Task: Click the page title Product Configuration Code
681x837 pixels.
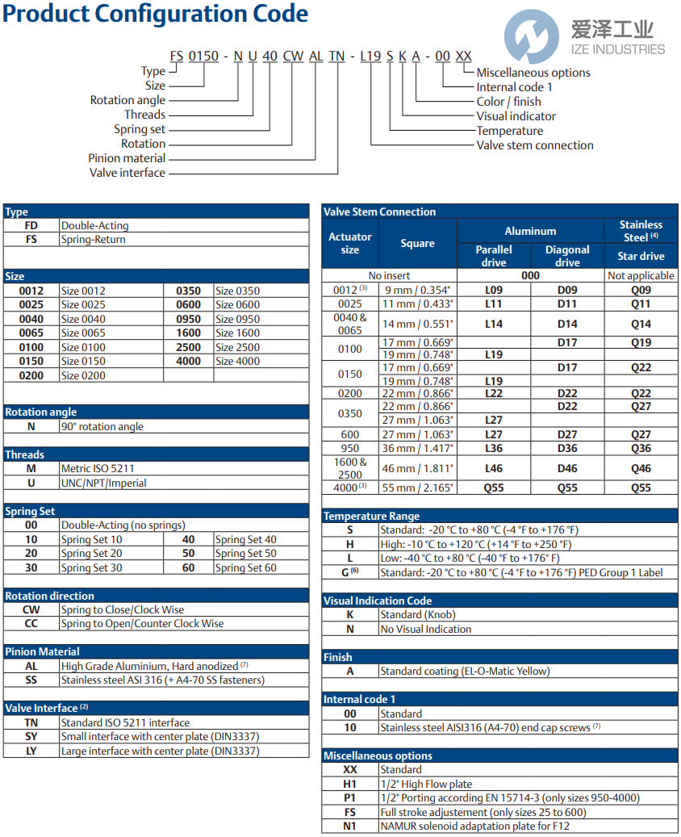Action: click(155, 14)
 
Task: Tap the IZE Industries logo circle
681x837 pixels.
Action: click(532, 37)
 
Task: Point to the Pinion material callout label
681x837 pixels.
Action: click(127, 158)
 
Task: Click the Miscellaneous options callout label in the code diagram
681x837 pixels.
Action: click(533, 73)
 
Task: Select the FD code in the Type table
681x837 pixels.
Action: click(31, 226)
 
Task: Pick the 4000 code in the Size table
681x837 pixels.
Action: click(189, 361)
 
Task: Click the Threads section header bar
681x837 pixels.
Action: click(156, 454)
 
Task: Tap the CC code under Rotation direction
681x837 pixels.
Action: click(31, 623)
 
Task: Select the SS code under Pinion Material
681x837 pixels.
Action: click(31, 680)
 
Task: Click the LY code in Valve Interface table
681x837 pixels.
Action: click(31, 751)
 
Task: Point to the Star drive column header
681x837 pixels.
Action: click(641, 256)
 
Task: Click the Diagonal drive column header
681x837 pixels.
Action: click(567, 256)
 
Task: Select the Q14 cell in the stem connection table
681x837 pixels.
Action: click(641, 324)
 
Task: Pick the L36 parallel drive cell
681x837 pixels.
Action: click(494, 448)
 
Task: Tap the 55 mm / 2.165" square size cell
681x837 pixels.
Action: click(417, 488)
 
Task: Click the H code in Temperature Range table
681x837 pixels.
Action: click(350, 544)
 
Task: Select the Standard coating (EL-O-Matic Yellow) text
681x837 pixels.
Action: click(464, 671)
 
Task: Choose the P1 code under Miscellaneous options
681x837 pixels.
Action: click(350, 797)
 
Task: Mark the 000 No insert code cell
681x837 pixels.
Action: click(530, 275)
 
